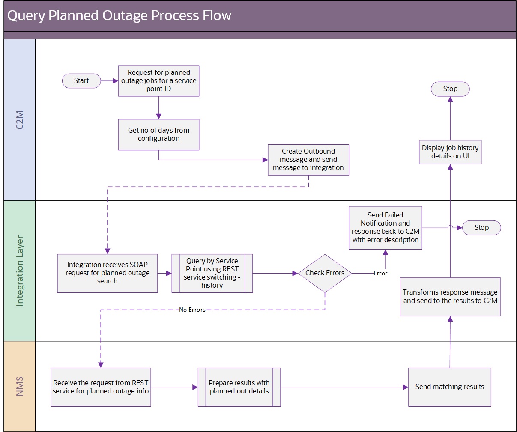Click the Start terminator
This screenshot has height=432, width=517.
coord(81,81)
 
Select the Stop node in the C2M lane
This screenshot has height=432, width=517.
coord(450,89)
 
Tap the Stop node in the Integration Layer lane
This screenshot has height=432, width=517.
coord(481,228)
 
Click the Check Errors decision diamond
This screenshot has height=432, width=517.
coord(325,273)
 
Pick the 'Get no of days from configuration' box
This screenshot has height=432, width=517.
coord(158,134)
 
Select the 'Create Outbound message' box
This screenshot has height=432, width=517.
coord(308,160)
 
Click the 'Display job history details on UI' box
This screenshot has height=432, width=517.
coord(450,152)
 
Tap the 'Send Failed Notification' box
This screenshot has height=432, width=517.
coord(385,228)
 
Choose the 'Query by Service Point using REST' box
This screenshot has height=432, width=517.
coord(212,273)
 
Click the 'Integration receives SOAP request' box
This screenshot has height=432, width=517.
coord(108,273)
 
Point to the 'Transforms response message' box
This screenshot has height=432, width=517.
coord(450,297)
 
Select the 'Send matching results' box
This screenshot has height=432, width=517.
coord(450,387)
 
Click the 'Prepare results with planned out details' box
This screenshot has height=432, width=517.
coord(239,387)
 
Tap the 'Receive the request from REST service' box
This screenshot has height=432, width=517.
coord(101,387)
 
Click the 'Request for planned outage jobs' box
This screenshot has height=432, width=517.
coord(158,81)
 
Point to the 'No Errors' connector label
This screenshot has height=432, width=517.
coord(192,310)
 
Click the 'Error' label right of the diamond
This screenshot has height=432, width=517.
coord(380,273)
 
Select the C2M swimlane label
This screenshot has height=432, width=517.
coord(20,120)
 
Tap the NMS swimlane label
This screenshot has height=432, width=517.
coord(20,386)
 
